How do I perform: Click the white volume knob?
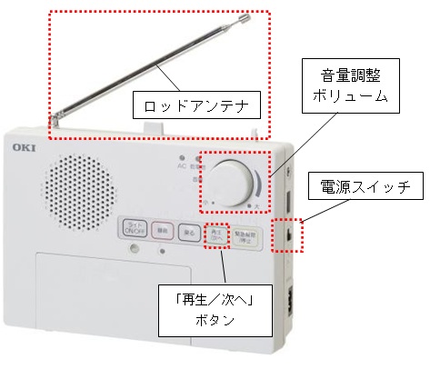[235, 181]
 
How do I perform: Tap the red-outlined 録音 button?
[163, 232]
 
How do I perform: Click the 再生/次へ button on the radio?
[215, 232]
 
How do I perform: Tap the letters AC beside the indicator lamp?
[183, 169]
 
